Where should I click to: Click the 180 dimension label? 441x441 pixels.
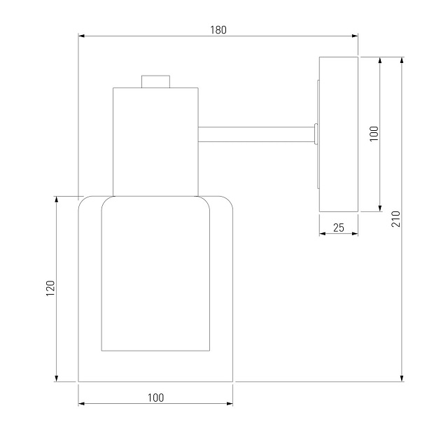point(218,30)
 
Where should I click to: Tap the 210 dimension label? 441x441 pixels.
point(395,219)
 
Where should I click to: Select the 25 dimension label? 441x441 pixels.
point(339,227)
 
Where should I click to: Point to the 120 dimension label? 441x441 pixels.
point(50,288)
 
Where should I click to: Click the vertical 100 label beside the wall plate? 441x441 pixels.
point(374,134)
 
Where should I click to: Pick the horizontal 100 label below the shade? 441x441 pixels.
point(156,398)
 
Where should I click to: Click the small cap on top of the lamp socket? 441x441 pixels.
point(155,82)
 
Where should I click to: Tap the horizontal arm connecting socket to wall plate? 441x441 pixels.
point(256,134)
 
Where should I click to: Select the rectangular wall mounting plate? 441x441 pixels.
point(339,134)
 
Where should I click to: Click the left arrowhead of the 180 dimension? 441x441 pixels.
point(81,36)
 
